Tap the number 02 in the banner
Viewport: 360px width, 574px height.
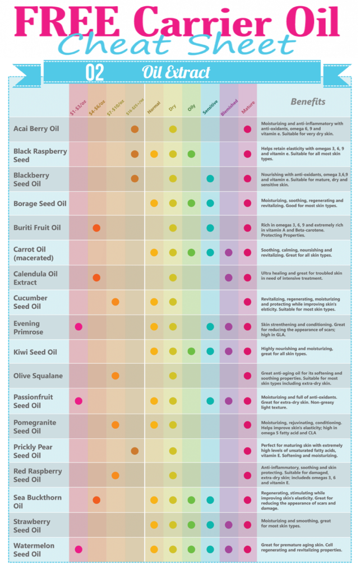[x=94, y=72]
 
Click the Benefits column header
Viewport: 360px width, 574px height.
[x=307, y=102]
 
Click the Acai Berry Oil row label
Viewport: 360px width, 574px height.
[x=36, y=129]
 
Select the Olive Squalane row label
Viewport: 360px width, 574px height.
[x=38, y=376]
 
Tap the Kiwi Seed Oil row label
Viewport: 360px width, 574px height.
[x=35, y=351]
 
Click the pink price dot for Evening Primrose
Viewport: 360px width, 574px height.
[x=79, y=327]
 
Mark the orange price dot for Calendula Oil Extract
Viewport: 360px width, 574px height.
[x=96, y=277]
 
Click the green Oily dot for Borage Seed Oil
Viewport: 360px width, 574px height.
[x=191, y=203]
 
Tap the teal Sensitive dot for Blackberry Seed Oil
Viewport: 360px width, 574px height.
[x=210, y=179]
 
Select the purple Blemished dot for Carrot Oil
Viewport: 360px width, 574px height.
[x=228, y=253]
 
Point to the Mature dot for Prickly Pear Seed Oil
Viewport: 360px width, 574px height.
[x=247, y=451]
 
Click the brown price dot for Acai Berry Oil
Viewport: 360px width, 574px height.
[x=135, y=129]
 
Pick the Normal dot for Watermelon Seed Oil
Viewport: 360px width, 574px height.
[x=154, y=549]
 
